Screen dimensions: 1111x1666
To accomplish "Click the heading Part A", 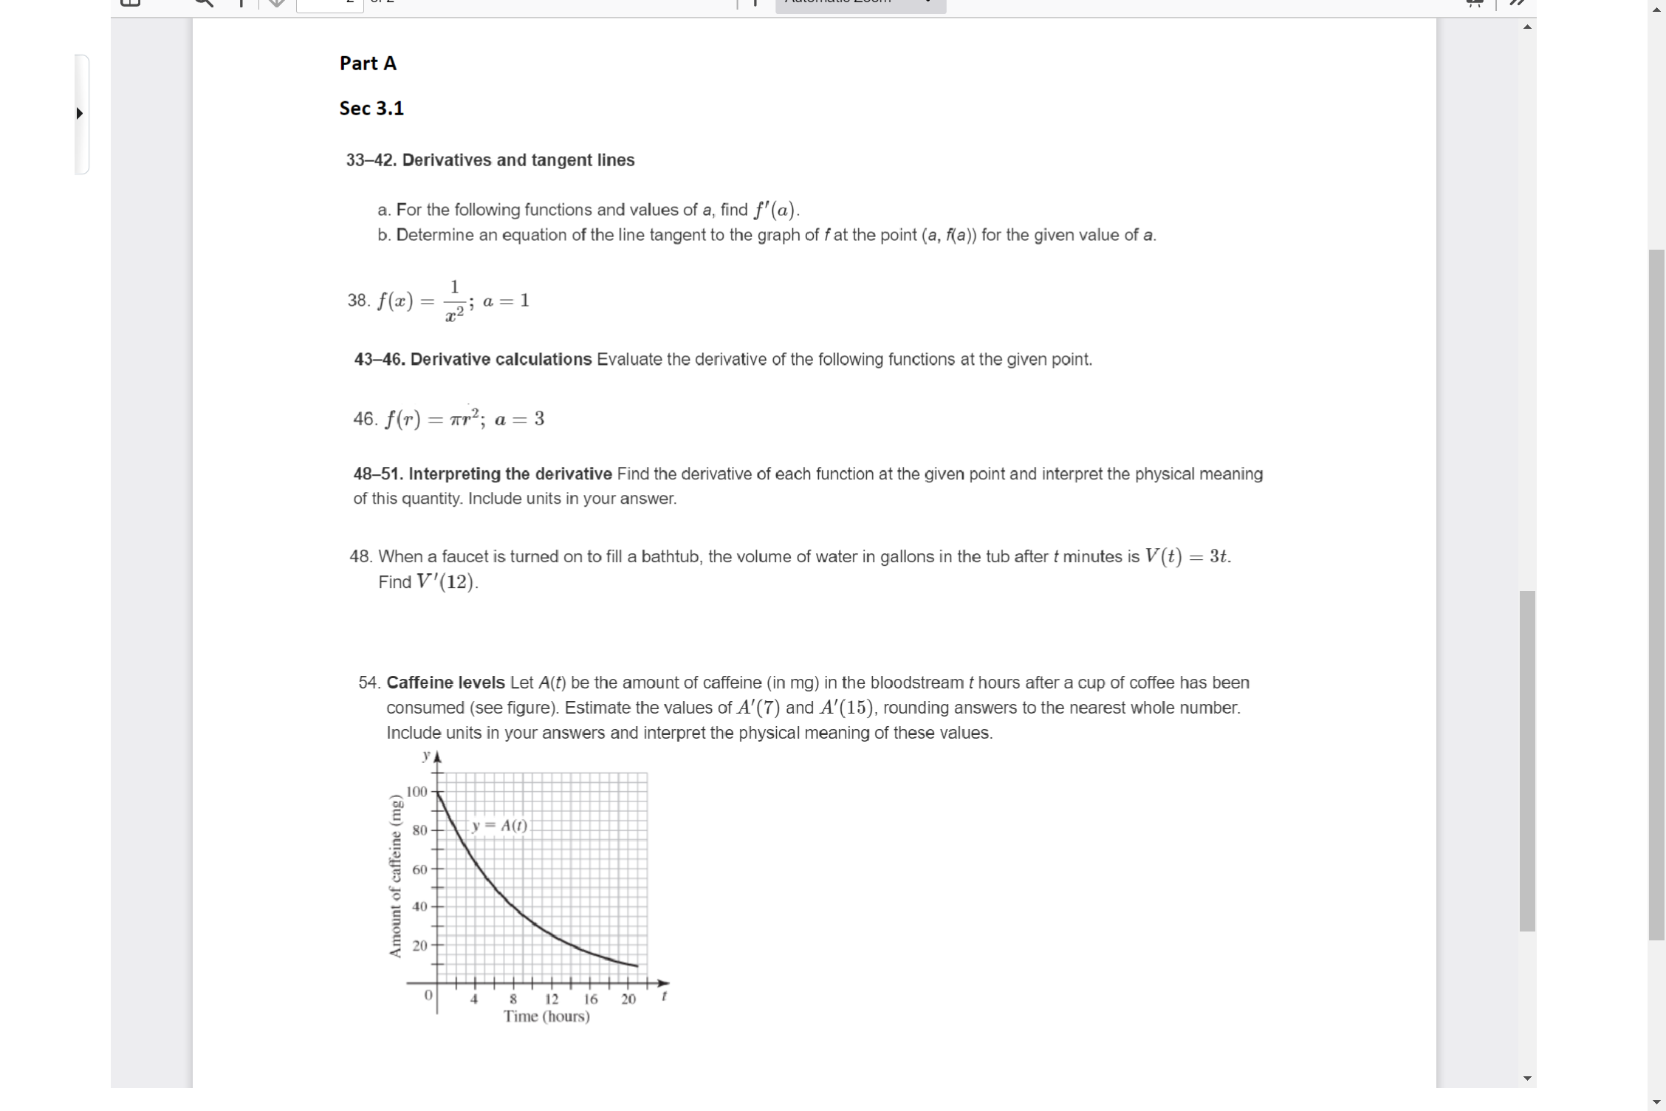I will [368, 64].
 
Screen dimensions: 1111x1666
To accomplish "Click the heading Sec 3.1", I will [371, 109].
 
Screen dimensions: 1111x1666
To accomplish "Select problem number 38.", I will [358, 301].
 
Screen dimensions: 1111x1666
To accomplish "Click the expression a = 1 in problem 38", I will [506, 301].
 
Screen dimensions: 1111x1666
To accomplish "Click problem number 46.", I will [365, 419].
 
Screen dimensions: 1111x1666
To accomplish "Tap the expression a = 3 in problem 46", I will [519, 420].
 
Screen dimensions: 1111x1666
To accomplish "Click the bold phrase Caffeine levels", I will [445, 683].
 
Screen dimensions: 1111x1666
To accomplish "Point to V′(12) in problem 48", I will [447, 582].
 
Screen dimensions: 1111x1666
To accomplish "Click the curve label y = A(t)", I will [500, 826].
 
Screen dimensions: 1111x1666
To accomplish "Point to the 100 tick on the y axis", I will [417, 792].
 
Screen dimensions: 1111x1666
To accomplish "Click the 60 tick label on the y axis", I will [419, 869].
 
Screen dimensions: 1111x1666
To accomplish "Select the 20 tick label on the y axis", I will [419, 946].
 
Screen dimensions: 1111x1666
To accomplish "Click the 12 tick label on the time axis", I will [552, 999].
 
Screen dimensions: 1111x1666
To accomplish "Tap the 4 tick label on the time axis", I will [475, 999].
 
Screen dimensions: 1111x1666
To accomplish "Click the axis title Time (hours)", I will [546, 1017].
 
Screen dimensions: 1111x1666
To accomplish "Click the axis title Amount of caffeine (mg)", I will [396, 876].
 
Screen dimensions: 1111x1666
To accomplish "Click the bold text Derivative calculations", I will [501, 360].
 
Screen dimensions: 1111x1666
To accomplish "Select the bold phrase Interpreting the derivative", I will [510, 474].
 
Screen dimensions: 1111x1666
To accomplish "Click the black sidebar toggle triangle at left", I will [79, 114].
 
